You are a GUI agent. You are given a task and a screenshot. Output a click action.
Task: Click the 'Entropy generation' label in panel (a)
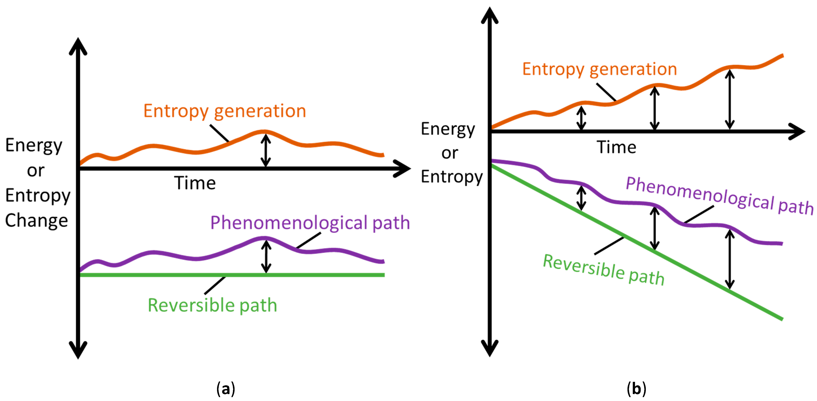[225, 111]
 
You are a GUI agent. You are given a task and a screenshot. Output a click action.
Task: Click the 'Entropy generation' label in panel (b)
[599, 69]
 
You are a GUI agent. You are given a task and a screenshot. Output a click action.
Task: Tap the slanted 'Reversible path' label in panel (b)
[604, 270]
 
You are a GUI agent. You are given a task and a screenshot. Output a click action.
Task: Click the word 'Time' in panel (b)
[616, 147]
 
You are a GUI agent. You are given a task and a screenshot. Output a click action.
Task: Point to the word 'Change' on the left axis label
[36, 220]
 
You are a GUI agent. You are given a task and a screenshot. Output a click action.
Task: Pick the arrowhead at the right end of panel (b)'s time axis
[797, 131]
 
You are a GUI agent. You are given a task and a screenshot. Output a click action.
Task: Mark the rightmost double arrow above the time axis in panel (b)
[730, 99]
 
